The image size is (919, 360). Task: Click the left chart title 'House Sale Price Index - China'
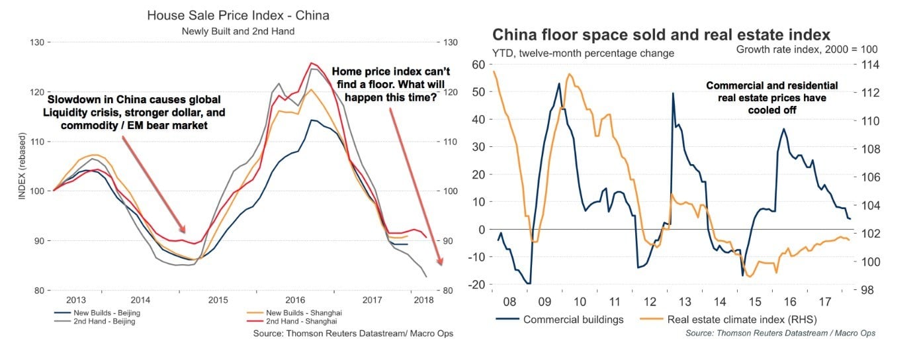tap(238, 15)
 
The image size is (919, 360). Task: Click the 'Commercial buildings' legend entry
tap(573, 320)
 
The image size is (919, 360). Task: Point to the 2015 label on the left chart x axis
tap(218, 300)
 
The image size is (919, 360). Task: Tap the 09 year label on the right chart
tap(545, 302)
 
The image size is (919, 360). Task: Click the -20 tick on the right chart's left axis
tap(478, 285)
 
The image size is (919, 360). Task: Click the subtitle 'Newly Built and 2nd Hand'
tap(238, 30)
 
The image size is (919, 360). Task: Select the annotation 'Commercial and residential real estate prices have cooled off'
tap(771, 98)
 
